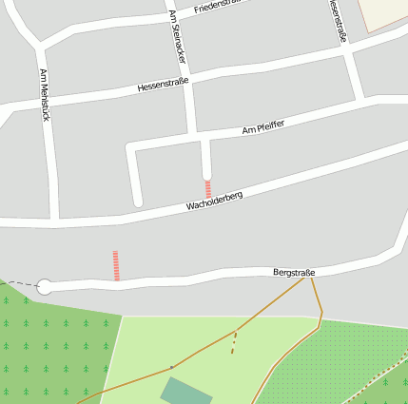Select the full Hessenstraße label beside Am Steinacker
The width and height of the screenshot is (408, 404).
point(164,84)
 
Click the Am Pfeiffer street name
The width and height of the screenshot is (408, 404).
point(263,126)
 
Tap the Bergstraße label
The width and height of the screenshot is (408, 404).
point(294,273)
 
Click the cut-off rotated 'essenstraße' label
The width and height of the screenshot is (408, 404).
point(337,21)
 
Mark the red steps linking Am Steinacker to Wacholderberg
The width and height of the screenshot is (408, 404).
point(207,189)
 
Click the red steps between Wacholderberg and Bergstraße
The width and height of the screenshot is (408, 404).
point(116,265)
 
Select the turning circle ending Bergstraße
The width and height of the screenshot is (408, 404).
point(45,286)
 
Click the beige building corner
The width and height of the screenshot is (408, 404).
point(384,15)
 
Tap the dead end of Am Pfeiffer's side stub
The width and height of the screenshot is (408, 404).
point(138,201)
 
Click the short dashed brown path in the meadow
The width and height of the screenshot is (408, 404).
point(233,343)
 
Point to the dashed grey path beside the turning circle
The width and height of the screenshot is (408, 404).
point(21,283)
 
